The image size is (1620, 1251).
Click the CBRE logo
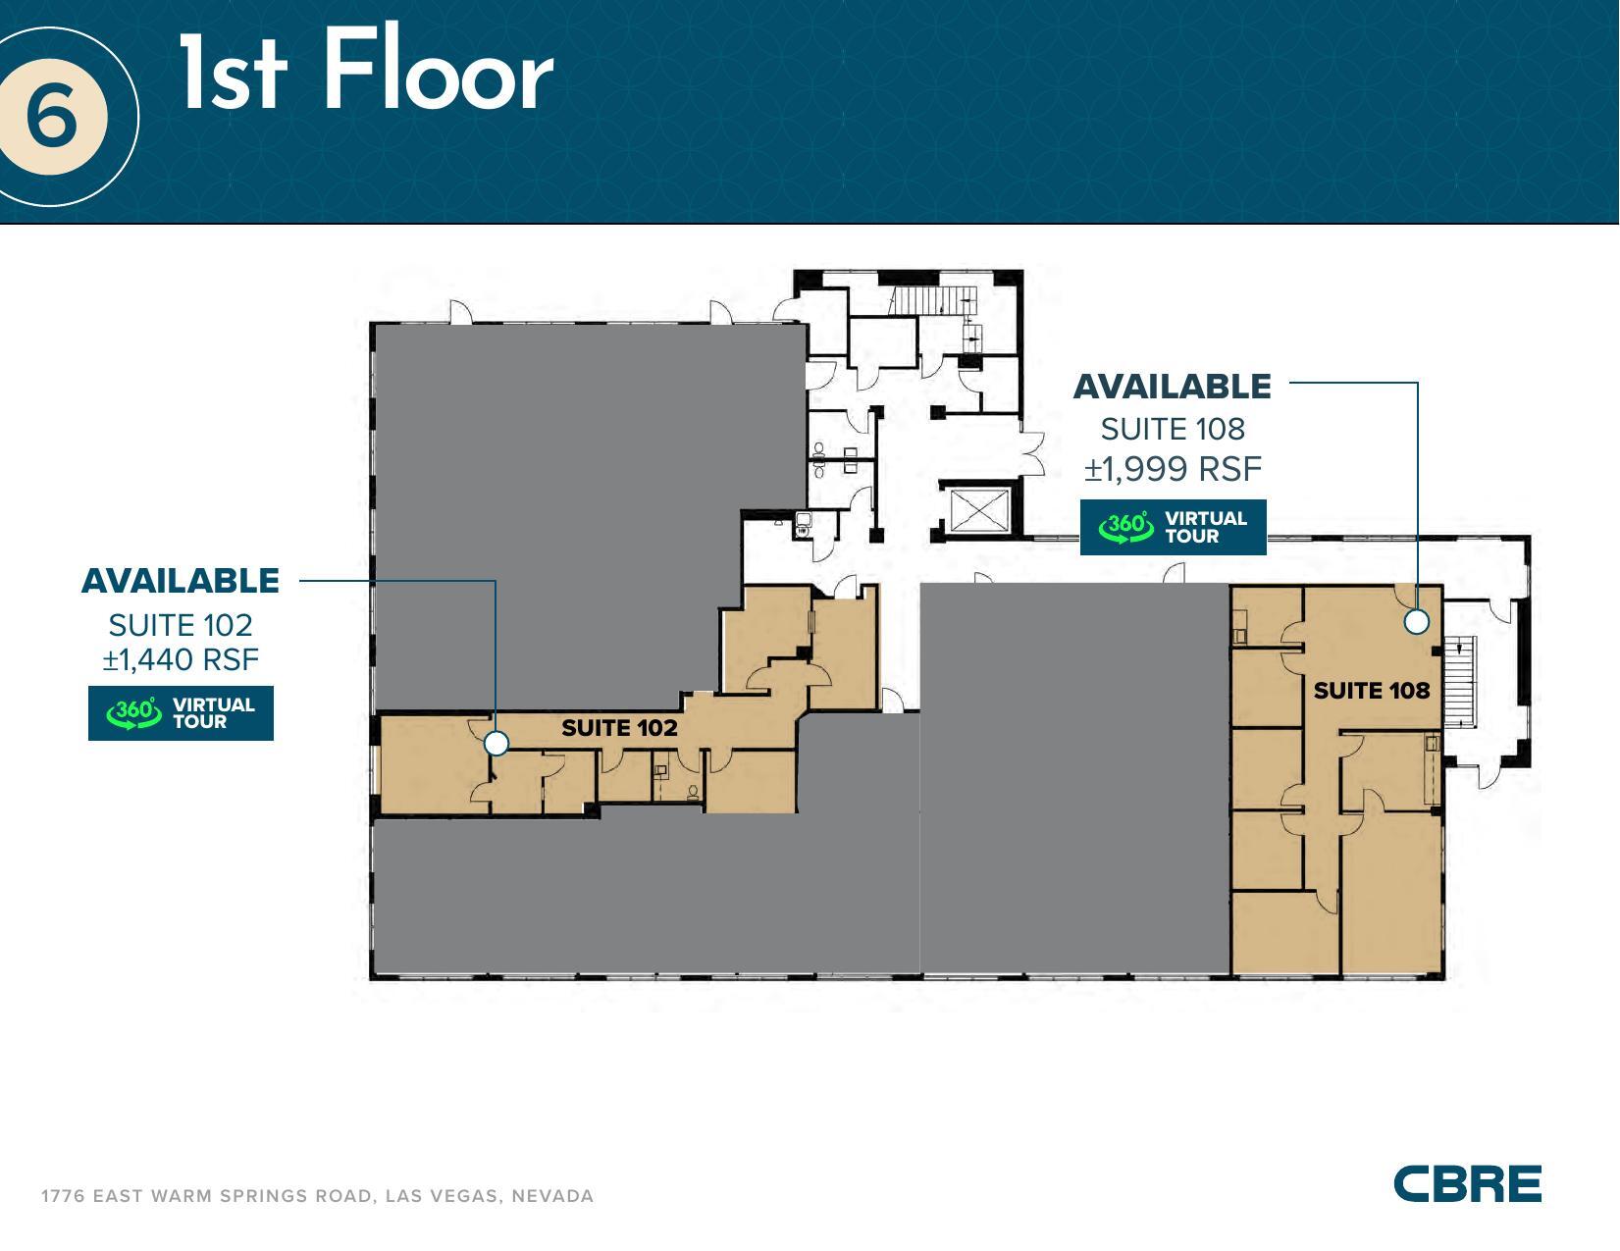pos(1467,1183)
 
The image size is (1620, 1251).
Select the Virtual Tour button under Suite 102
pos(181,713)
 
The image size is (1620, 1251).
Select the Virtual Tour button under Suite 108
pos(1173,528)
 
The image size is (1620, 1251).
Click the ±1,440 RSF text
pos(181,659)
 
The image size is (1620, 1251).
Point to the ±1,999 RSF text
pos(1173,469)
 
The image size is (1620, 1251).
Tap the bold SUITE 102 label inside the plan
pos(619,728)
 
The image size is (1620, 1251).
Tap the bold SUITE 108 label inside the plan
pos(1371,691)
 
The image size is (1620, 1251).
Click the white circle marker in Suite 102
pos(496,744)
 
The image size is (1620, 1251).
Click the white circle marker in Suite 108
pos(1416,621)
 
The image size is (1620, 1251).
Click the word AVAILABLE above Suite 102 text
pos(181,581)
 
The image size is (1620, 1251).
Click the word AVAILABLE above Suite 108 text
pos(1173,387)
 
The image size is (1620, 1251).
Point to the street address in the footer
pos(317,1196)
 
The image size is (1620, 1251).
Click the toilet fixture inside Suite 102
pos(694,790)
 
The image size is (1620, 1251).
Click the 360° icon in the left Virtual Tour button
pos(133,713)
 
